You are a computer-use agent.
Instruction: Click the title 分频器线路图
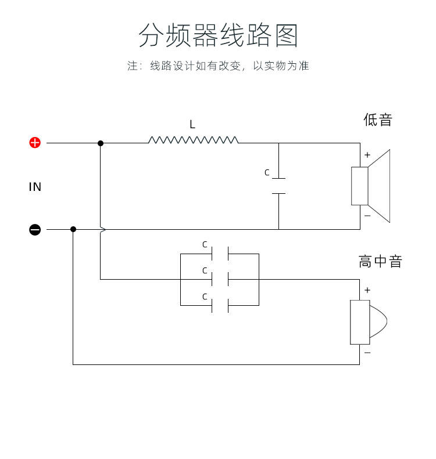pos(218,36)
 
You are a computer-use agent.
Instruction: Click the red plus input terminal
pos(35,143)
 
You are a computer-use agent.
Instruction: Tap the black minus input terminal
pos(35,230)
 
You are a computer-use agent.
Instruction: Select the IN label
pos(35,187)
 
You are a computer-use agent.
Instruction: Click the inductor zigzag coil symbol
pos(193,140)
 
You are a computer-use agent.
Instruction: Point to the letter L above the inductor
pos(192,125)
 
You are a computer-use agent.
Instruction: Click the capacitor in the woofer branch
pos(279,186)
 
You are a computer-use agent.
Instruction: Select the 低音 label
pos(378,120)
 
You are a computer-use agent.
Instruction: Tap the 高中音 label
pos(380,262)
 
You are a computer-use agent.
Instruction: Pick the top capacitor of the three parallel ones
pos(220,254)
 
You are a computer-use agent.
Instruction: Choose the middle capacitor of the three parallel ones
pos(220,279)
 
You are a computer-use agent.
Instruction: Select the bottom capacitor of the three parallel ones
pos(220,305)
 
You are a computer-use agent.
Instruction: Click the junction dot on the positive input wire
pos(101,143)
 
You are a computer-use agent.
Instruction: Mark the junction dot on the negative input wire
pos(73,229)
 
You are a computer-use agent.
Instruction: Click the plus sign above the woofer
pos(367,155)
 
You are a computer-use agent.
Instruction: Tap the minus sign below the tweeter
pos(367,353)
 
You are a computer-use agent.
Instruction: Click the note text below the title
pos(218,66)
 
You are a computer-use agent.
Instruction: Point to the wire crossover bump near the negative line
pos(102,230)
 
